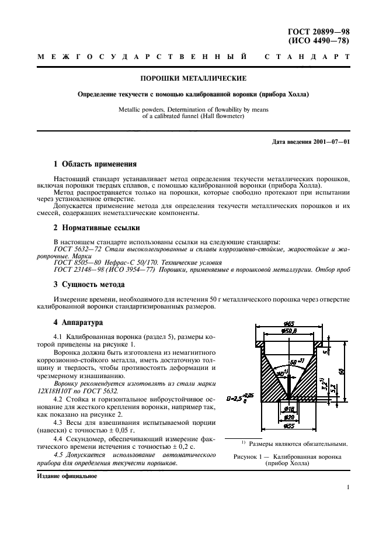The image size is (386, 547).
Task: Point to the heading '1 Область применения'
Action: click(95, 164)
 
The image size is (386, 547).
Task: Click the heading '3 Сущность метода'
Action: click(89, 285)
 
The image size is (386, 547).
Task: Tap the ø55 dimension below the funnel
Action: click(289, 426)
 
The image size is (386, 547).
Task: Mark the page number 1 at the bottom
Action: click(347, 486)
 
